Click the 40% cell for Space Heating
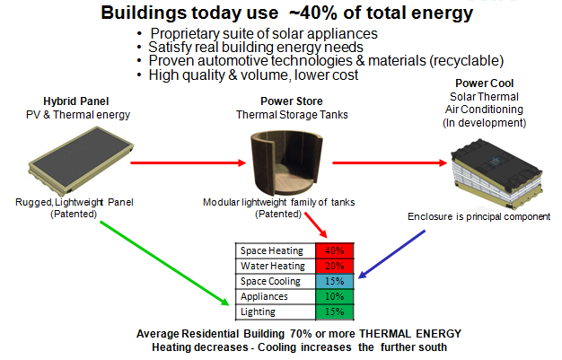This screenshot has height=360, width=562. pos(334,250)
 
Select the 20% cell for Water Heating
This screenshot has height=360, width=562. pos(334,266)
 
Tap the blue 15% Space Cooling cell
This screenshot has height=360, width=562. pos(334,281)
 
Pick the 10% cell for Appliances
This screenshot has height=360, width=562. pos(334,296)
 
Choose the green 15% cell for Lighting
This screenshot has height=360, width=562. pos(334,312)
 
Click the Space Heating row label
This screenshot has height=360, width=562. pos(272,250)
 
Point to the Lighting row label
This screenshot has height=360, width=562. pos(258,312)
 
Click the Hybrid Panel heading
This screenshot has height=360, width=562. pos(76,101)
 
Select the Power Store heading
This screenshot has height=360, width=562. pos(292,101)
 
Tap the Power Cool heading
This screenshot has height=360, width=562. pos(484,83)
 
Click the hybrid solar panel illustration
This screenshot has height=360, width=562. pos(81,161)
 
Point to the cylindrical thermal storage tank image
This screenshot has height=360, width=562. pos(286,162)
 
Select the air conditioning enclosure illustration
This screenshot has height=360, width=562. pos(496,173)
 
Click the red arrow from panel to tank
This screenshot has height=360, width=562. pos(189,162)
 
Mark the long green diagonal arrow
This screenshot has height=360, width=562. pos(164,264)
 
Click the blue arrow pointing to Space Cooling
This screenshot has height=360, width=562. pos(391,254)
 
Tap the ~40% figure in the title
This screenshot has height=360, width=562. pos(313,13)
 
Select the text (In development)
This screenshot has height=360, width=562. pos(484,123)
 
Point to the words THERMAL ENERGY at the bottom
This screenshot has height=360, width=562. pos(410,334)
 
